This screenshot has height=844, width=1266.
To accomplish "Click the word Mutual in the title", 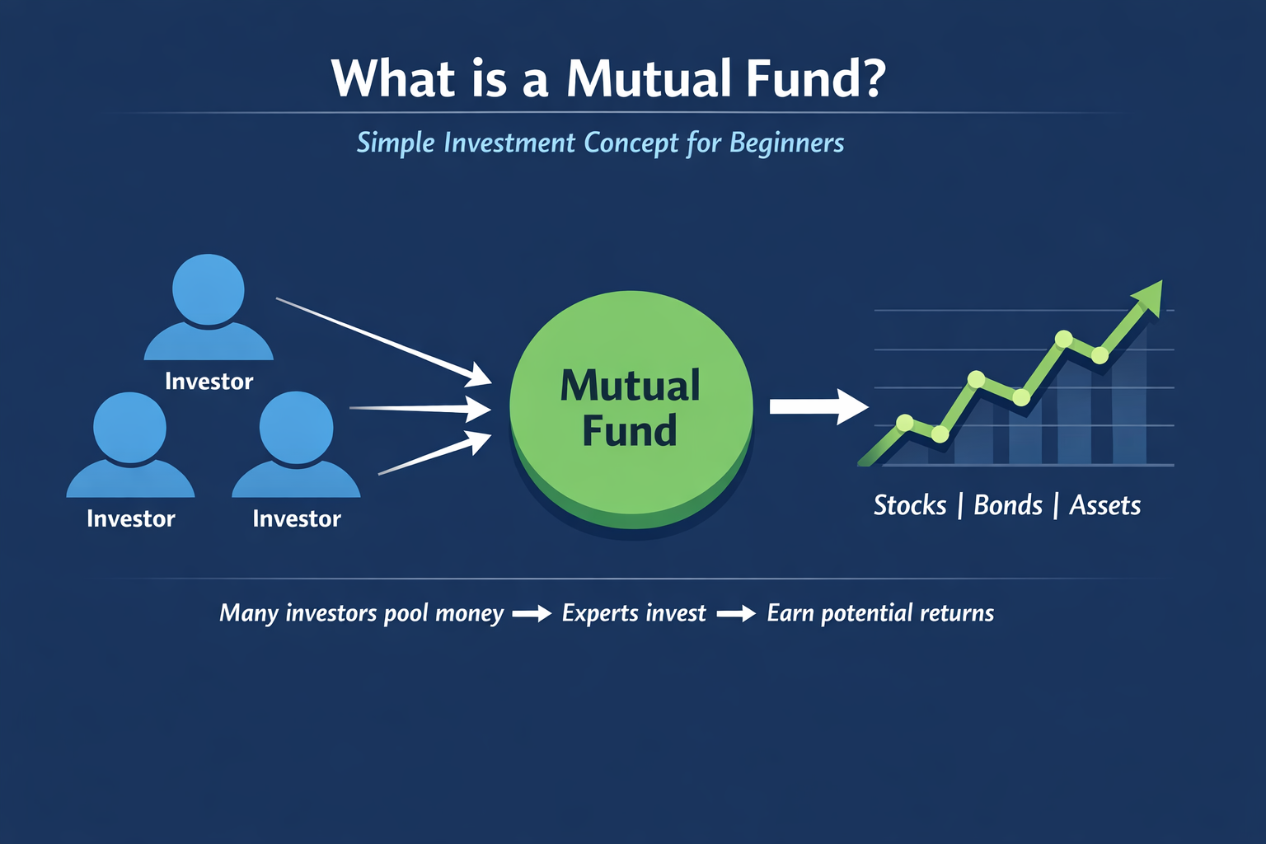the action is pos(649,78).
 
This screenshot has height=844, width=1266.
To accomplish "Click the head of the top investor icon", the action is pos(208,289).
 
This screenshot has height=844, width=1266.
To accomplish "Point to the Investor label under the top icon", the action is pos(209,382).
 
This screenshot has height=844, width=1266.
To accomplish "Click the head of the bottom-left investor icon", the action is pos(130,428).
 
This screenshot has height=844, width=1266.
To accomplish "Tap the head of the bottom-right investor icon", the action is pos(296,428).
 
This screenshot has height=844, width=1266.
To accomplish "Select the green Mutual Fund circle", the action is pos(631,410).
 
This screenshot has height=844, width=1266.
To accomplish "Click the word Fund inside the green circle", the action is pos(630,431).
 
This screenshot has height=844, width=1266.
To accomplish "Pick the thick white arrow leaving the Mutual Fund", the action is pos(819,406).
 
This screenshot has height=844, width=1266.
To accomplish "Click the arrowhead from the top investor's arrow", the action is pos(478,375).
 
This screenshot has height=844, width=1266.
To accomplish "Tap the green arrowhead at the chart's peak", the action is pos(1148,298).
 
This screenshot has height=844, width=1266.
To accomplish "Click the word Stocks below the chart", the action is pos(910,505).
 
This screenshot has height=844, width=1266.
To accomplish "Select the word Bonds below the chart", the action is pos(1008,505).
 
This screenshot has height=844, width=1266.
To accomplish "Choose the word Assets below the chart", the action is pos(1105,505).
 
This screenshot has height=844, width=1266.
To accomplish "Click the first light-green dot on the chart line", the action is pos(905,422).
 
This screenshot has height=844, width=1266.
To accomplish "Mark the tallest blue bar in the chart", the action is pos(1129,395).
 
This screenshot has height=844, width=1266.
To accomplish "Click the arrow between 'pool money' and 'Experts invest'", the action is pos(532,613).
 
